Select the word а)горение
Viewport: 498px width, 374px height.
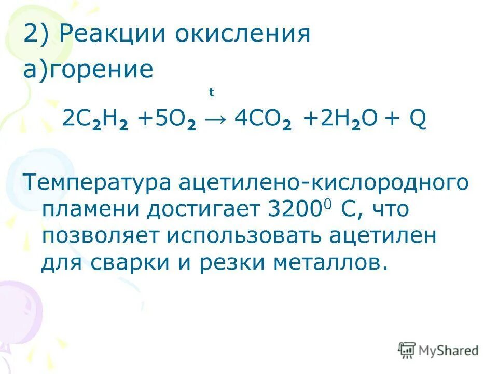(88, 70)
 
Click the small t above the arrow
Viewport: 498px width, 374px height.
(211, 93)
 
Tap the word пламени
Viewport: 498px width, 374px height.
(90, 210)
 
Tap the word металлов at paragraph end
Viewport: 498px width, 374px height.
(334, 263)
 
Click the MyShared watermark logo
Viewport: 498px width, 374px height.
(439, 351)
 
